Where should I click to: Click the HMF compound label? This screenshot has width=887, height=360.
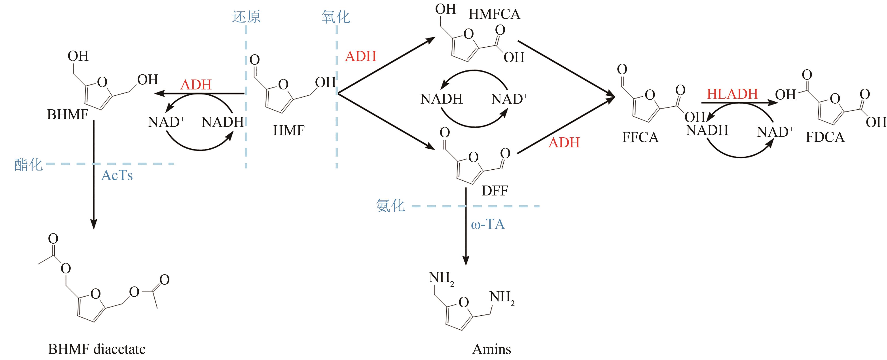(288, 131)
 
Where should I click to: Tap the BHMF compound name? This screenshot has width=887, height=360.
(68, 115)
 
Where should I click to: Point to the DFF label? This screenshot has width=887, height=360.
(495, 190)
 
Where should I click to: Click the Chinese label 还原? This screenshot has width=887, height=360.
(246, 17)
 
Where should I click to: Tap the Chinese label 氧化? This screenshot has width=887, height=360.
(336, 17)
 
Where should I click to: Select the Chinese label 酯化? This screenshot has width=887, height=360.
(28, 165)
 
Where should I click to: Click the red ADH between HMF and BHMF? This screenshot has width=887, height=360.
(196, 85)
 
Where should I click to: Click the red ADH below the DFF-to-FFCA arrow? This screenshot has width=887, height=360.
(564, 142)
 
